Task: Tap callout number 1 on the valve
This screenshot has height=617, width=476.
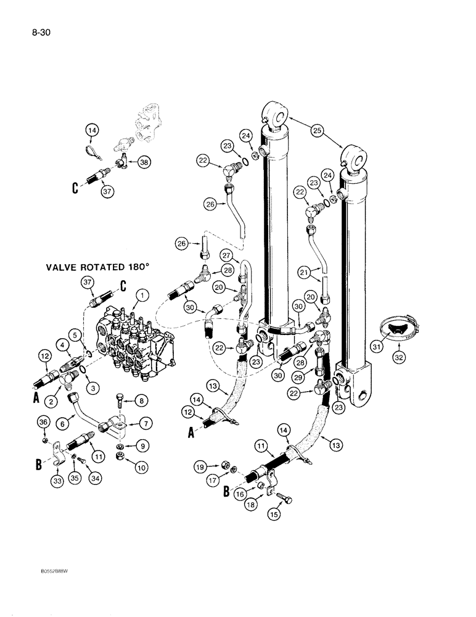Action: (x=142, y=296)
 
